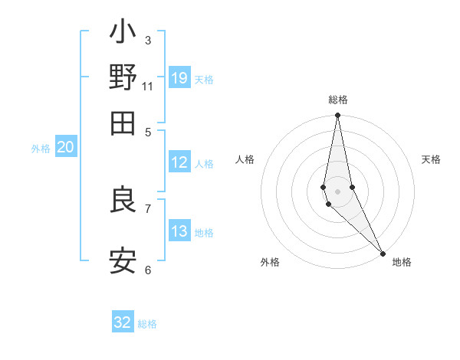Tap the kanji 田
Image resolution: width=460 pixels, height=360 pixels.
[x=123, y=123]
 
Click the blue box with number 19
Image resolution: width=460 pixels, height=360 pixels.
[x=179, y=78]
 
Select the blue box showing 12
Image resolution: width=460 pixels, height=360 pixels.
[x=179, y=162]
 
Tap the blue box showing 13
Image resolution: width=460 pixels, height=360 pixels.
[x=179, y=231]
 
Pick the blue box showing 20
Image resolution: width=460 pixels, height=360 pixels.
[x=66, y=148]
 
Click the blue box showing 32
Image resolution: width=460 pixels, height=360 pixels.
[x=123, y=322]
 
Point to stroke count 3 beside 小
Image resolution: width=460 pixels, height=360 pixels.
[x=148, y=40]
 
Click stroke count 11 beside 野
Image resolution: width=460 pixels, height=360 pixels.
[x=148, y=86]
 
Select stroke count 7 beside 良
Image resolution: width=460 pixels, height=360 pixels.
[x=148, y=208]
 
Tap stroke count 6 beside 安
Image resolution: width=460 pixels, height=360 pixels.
[x=148, y=270]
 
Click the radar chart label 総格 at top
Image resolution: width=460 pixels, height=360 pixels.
[x=338, y=100]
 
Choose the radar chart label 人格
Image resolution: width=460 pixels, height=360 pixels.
[x=245, y=159]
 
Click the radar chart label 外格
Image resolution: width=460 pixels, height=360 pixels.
[x=269, y=262]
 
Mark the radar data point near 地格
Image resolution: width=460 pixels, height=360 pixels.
[x=383, y=253]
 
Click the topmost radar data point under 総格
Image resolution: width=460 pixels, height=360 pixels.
[x=337, y=116]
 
